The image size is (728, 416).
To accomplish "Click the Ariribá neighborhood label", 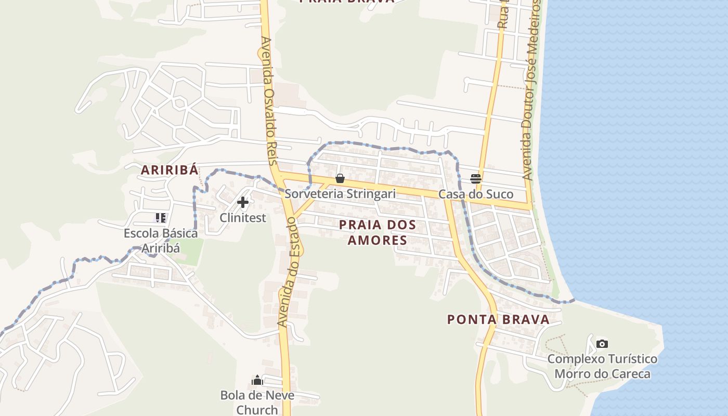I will pyautogui.click(x=170, y=170).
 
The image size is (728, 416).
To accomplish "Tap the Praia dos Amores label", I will pyautogui.click(x=378, y=232).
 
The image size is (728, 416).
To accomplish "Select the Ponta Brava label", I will pyautogui.click(x=498, y=319).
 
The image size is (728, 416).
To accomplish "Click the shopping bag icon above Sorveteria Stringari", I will pyautogui.click(x=340, y=179).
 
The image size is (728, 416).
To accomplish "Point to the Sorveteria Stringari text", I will pyautogui.click(x=340, y=194).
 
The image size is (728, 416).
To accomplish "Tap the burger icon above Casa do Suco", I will pyautogui.click(x=476, y=179).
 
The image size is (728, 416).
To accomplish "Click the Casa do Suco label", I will pyautogui.click(x=476, y=194).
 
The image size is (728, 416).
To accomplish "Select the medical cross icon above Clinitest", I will pyautogui.click(x=243, y=202).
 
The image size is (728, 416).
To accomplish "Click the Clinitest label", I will pyautogui.click(x=243, y=217).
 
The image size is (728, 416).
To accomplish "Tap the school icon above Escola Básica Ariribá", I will pyautogui.click(x=161, y=218).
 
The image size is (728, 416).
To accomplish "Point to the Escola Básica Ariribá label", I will pyautogui.click(x=161, y=240).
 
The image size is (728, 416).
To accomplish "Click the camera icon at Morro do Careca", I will pyautogui.click(x=602, y=344).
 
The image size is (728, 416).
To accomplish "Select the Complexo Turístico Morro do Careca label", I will pyautogui.click(x=602, y=366).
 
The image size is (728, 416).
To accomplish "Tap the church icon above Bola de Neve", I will pyautogui.click(x=257, y=380).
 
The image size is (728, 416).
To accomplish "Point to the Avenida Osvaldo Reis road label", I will pyautogui.click(x=268, y=101).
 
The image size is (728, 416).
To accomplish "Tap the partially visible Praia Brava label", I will pyautogui.click(x=347, y=2).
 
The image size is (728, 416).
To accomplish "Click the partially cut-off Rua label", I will pyautogui.click(x=503, y=16).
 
